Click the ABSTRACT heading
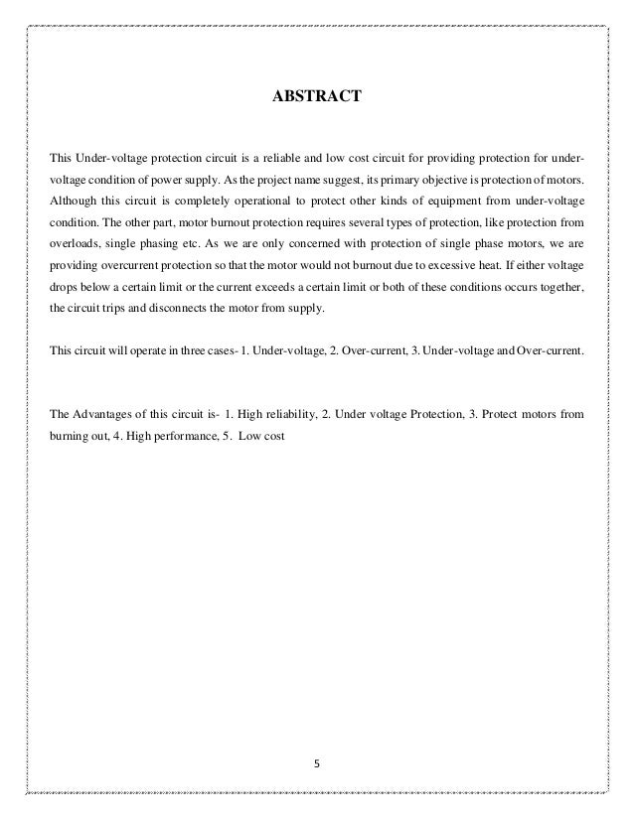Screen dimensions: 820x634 point(317,98)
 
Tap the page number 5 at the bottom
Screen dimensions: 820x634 point(317,764)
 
